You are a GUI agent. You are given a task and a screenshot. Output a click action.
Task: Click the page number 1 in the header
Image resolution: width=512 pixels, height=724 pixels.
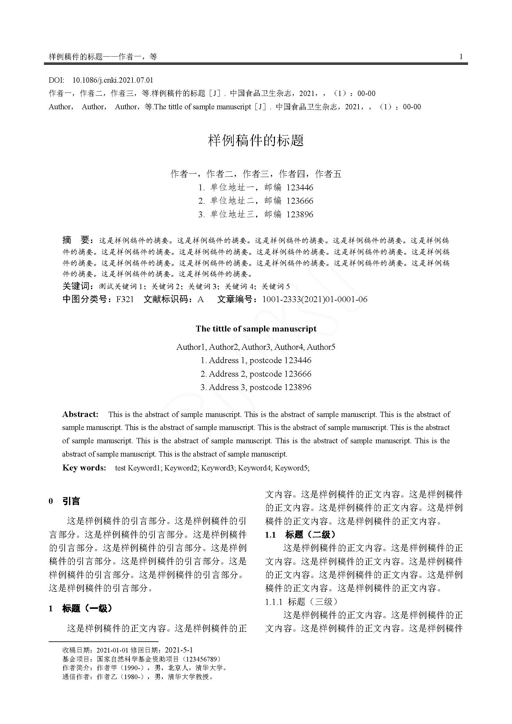click(461, 57)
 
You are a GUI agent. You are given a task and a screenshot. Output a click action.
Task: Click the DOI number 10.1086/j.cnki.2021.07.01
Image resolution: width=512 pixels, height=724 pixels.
click(113, 80)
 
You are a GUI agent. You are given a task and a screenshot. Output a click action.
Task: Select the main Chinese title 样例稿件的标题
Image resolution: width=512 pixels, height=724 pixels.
click(256, 140)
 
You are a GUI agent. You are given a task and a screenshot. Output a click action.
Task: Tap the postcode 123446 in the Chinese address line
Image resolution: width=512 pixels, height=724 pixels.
click(300, 188)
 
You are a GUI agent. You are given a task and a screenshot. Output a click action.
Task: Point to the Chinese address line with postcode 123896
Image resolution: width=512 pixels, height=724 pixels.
click(256, 215)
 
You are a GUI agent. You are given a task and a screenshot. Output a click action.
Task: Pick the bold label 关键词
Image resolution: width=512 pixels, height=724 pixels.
click(76, 286)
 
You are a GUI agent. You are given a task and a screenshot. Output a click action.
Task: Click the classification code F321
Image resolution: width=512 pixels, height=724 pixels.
click(125, 299)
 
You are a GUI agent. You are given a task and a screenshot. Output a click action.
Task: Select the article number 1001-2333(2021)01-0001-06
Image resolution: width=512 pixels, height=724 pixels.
click(315, 299)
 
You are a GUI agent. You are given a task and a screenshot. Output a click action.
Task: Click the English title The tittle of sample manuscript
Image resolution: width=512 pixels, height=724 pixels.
click(256, 329)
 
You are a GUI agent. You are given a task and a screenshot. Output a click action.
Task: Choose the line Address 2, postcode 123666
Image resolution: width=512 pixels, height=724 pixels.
click(256, 374)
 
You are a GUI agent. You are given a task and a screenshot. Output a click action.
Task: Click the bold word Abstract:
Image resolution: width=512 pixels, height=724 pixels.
click(80, 414)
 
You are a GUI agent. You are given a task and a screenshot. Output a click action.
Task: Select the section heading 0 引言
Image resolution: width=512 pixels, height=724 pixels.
click(65, 501)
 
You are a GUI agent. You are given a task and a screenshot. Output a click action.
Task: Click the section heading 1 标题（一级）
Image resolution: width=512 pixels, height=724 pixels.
click(81, 608)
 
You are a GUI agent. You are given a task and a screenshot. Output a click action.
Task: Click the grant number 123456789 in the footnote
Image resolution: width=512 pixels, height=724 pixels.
click(202, 659)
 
